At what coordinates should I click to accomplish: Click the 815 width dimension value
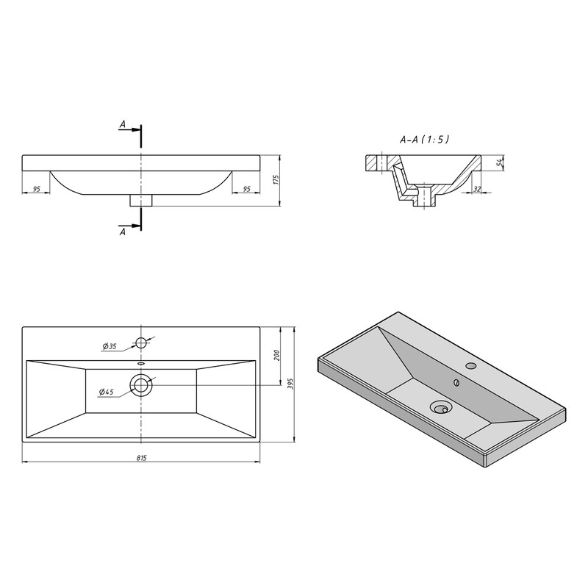click(141, 457)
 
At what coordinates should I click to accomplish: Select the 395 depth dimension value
click(290, 384)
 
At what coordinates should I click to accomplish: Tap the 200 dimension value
click(277, 355)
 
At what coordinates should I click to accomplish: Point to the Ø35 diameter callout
click(110, 346)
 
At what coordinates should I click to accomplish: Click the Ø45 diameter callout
click(106, 392)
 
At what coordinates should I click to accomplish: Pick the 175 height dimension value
click(276, 180)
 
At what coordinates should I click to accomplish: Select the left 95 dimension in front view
click(36, 189)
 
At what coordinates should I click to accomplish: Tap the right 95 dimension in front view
click(246, 189)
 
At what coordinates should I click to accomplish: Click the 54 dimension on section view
click(499, 162)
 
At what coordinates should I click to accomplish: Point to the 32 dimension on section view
click(477, 189)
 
